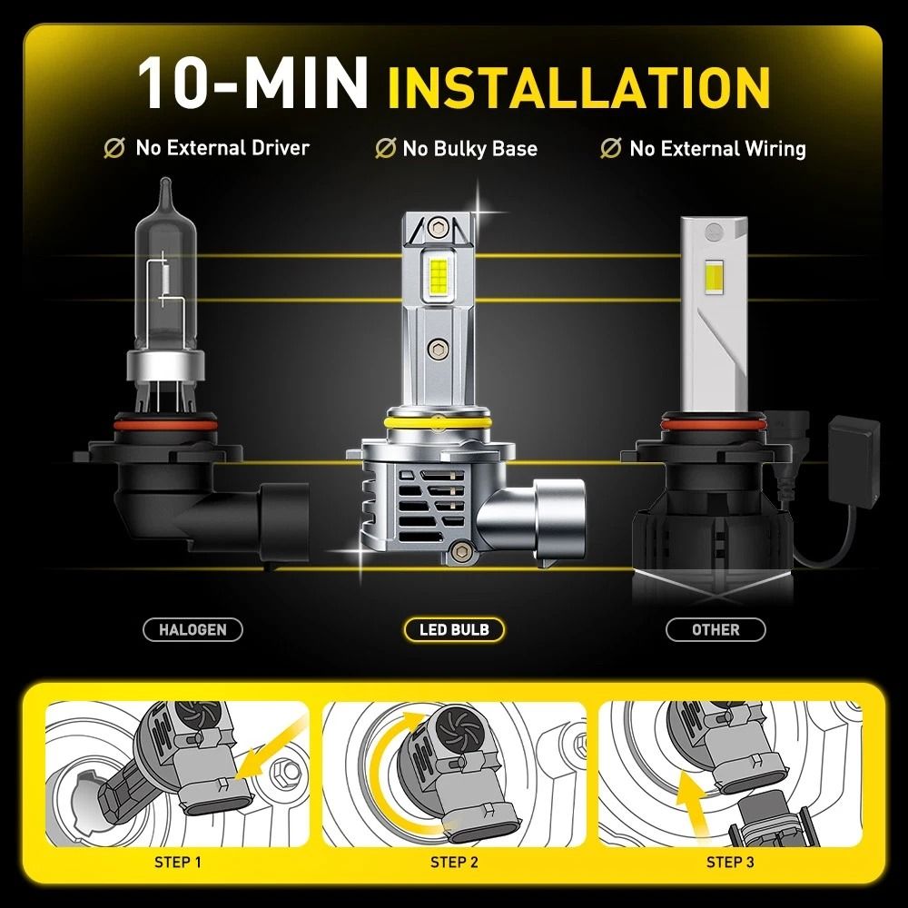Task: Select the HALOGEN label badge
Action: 192,629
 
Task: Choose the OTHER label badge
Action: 716,629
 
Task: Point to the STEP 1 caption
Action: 180,862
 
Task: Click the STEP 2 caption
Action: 454,862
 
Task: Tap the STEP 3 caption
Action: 730,862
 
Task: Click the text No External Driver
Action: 222,148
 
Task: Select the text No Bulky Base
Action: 469,148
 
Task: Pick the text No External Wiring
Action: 717,148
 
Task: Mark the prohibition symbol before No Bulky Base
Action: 385,148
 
